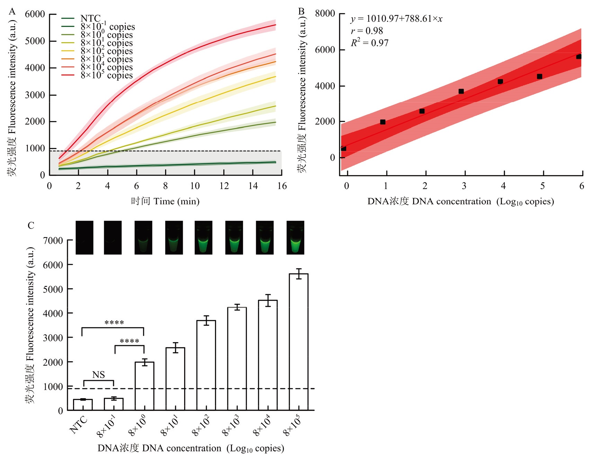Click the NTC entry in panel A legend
tap(90, 18)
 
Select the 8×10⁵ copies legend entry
tap(106, 75)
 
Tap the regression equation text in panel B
tap(396, 19)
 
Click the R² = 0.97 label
tap(369, 43)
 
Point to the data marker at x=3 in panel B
tap(461, 91)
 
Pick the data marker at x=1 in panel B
tap(383, 122)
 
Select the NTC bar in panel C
tap(83, 405)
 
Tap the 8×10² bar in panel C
tap(206, 365)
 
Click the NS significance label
tap(98, 375)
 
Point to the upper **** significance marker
tap(114, 323)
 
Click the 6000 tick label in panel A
tap(35, 14)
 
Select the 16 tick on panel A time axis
tap(282, 186)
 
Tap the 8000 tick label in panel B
tap(325, 14)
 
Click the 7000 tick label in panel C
tap(53, 240)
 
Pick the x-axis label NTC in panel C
tap(79, 425)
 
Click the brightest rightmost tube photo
tap(295, 238)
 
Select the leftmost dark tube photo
tap(84, 238)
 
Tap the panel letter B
tap(302, 11)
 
